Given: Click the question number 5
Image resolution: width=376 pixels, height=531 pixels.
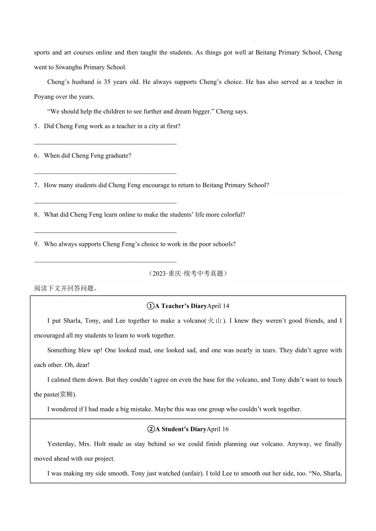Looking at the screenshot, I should pos(36,126).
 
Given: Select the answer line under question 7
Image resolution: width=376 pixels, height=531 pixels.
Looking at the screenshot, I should pos(105,202).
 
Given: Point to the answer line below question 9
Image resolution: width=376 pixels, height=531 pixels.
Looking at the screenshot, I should pos(105,261).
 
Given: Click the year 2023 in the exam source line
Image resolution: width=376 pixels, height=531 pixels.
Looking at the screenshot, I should pos(159,274).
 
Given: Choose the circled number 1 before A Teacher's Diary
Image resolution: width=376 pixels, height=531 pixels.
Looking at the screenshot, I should pos(150,306).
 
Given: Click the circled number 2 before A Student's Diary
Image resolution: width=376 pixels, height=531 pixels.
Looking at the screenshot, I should pos(150,429).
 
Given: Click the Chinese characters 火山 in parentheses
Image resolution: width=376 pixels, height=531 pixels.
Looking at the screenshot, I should pos(215,321).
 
